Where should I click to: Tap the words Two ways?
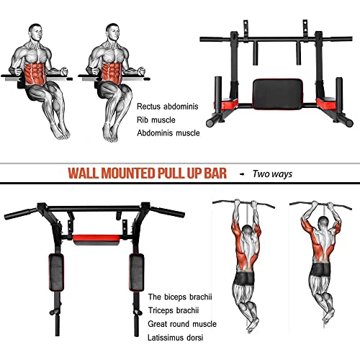click(x=271, y=174)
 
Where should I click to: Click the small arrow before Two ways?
click(x=241, y=174)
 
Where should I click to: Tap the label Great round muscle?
click(x=181, y=323)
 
